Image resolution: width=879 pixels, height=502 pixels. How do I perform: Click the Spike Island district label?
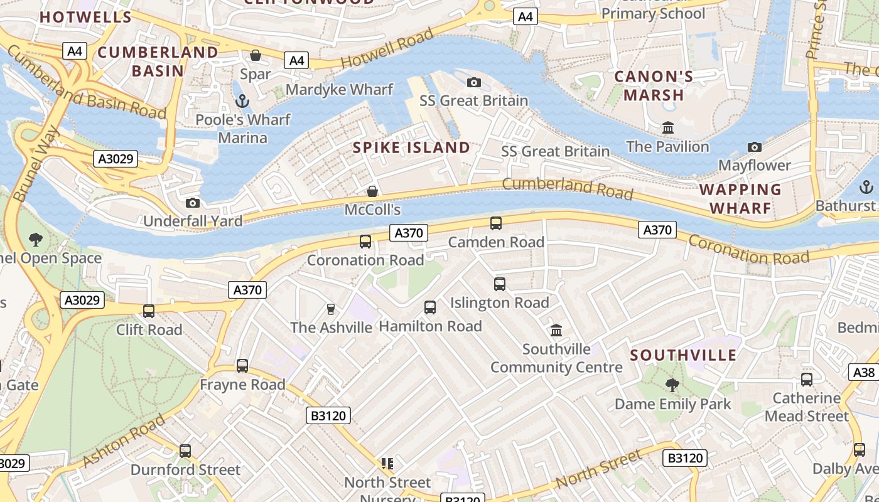coord(411,147)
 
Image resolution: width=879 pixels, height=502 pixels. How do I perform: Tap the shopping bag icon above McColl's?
coord(372,191)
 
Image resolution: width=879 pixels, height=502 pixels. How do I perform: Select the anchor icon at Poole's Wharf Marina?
coord(242,101)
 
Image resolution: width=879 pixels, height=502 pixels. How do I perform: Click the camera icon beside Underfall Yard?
coord(193,203)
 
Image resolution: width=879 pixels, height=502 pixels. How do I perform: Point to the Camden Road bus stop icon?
coord(495,223)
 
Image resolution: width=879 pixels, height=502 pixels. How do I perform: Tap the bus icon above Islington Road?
coord(500,284)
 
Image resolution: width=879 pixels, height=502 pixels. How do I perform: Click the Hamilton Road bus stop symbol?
coord(430,307)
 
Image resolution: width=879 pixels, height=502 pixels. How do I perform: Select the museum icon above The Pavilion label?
coord(668,128)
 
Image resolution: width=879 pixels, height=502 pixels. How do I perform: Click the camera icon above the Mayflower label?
coord(755,147)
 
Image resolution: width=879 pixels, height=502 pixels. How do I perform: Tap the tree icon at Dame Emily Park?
coord(672,385)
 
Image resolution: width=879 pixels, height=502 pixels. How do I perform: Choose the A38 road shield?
coord(864,372)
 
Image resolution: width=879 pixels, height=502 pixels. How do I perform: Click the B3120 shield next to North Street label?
coord(684,458)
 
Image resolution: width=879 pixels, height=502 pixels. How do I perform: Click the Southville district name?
coord(683,355)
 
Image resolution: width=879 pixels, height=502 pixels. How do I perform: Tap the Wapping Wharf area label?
coord(740,198)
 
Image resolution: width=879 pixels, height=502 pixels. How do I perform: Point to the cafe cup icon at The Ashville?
coord(331,309)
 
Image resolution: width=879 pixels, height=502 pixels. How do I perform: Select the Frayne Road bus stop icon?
coord(242,366)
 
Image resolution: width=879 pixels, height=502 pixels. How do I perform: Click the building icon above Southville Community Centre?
coord(556,330)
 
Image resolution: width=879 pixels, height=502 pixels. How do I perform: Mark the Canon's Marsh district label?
coord(653,86)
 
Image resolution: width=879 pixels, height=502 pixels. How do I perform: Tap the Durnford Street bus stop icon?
coord(185,451)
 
